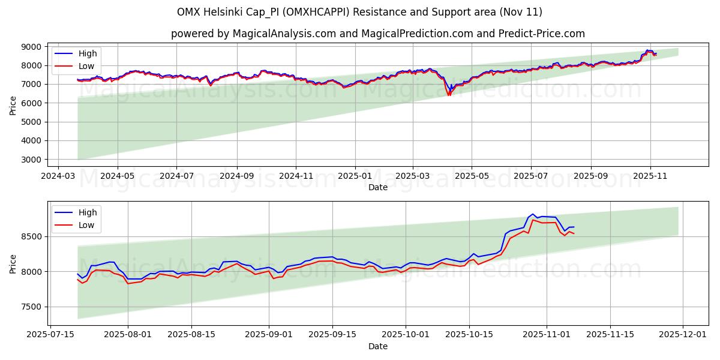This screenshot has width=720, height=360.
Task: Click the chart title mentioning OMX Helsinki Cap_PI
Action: click(x=360, y=12)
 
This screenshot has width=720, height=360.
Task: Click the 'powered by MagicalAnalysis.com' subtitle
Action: click(x=378, y=34)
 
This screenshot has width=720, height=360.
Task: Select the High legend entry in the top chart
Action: click(x=88, y=53)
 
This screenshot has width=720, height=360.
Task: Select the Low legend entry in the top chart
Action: click(x=87, y=66)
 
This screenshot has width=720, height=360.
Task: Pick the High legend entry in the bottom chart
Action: click(x=88, y=212)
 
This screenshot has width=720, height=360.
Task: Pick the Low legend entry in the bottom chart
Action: click(x=87, y=225)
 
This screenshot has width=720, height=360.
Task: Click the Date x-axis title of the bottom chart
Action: click(x=378, y=346)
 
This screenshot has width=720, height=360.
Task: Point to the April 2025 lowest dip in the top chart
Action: click(x=448, y=95)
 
